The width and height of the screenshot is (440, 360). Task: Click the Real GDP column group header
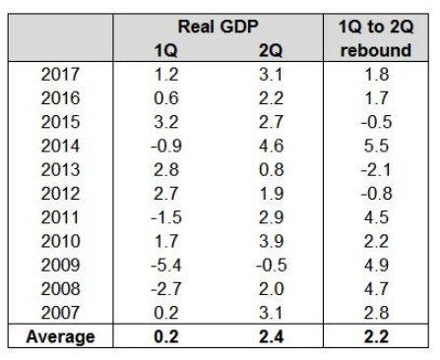pyautogui.click(x=218, y=27)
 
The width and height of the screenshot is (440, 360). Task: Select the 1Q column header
pyautogui.click(x=166, y=50)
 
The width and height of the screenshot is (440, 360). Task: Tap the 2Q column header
pyautogui.click(x=271, y=50)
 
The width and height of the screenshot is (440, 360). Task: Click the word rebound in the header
pyautogui.click(x=376, y=50)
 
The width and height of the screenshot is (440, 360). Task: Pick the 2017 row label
pyautogui.click(x=60, y=75)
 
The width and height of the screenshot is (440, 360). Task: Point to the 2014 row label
pyautogui.click(x=60, y=146)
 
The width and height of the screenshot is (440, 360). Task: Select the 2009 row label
pyautogui.click(x=60, y=265)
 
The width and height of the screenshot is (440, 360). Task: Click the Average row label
pyautogui.click(x=61, y=337)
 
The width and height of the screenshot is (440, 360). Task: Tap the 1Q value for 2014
pyautogui.click(x=166, y=146)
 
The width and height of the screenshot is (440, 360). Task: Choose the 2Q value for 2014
pyautogui.click(x=271, y=146)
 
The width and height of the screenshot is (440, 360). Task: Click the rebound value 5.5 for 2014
pyautogui.click(x=376, y=146)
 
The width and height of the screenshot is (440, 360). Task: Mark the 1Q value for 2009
pyautogui.click(x=166, y=265)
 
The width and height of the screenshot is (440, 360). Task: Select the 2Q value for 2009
pyautogui.click(x=272, y=265)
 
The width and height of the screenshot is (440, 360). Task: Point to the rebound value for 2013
pyautogui.click(x=376, y=170)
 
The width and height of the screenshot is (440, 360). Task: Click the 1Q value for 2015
pyautogui.click(x=166, y=122)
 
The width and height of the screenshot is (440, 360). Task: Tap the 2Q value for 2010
pyautogui.click(x=271, y=241)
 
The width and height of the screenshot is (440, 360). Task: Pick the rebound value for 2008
pyautogui.click(x=376, y=289)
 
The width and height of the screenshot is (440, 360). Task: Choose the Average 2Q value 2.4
pyautogui.click(x=271, y=337)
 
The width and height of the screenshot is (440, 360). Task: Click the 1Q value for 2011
pyautogui.click(x=166, y=217)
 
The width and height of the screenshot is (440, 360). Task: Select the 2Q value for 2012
pyautogui.click(x=271, y=194)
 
